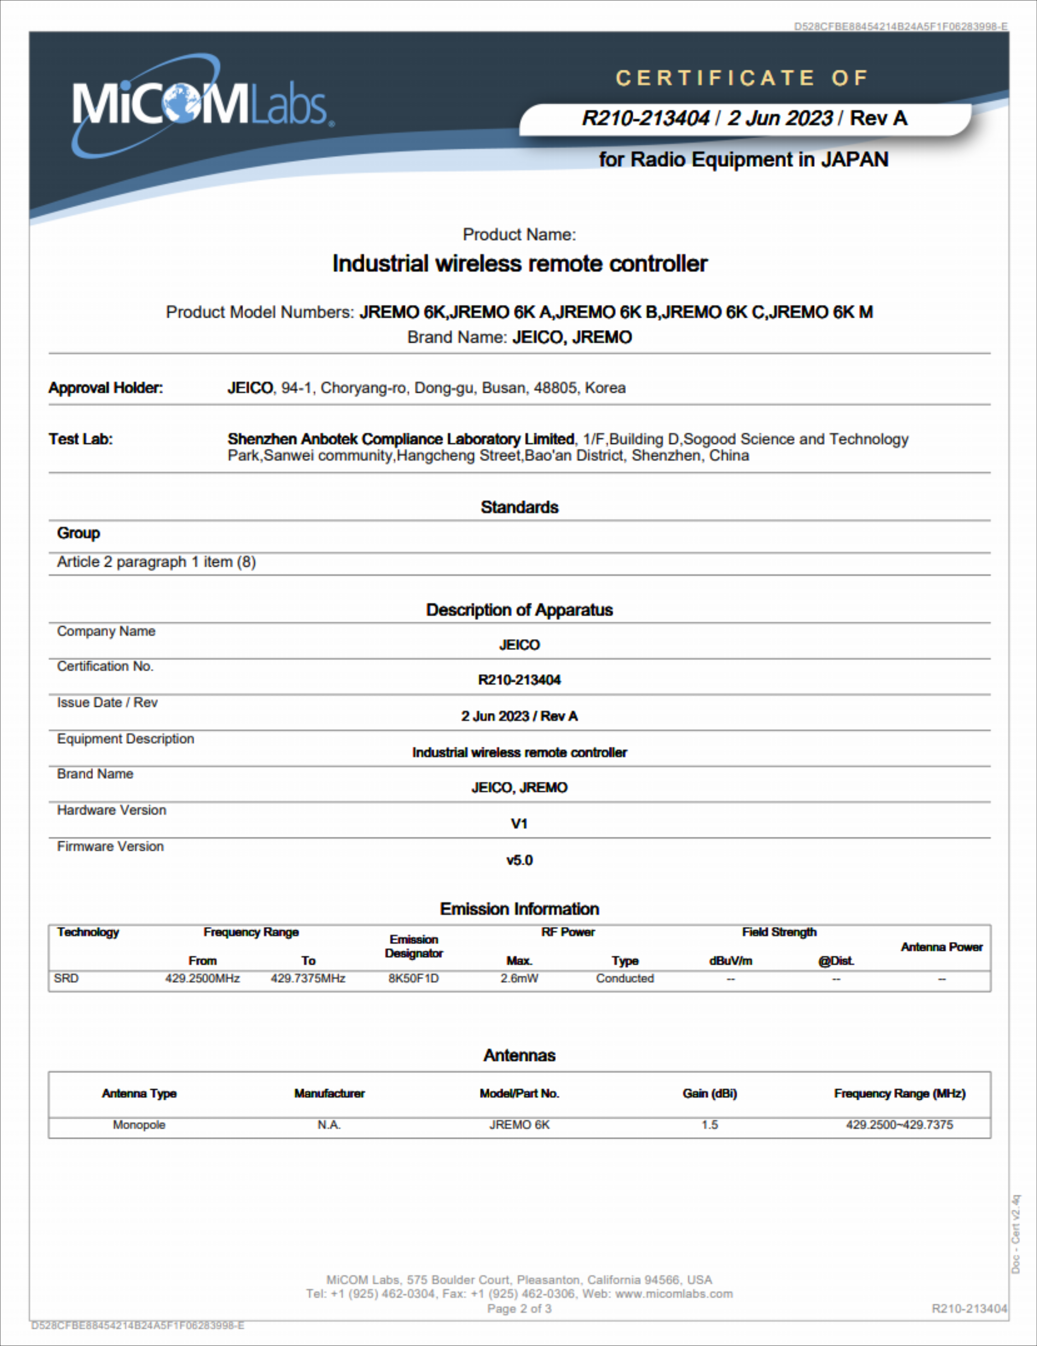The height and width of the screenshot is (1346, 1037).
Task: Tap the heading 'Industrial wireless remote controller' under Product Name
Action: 520,264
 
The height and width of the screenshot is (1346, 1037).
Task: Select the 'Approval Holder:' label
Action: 106,388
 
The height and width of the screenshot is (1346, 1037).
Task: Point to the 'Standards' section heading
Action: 519,507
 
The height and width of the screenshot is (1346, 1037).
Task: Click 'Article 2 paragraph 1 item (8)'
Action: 157,562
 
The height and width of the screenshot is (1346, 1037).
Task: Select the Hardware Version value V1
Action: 519,824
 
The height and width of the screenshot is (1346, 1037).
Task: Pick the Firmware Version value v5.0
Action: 519,860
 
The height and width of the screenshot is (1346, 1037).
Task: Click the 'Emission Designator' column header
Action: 414,946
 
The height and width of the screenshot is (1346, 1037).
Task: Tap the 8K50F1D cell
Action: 414,979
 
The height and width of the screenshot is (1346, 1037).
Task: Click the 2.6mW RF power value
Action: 519,979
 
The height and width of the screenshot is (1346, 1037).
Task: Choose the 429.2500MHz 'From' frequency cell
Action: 203,979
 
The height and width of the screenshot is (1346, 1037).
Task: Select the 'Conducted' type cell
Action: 624,979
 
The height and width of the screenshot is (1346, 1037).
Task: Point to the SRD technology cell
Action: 67,979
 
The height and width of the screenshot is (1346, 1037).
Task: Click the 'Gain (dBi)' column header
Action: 709,1093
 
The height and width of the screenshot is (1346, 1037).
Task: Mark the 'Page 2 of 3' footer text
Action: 519,1309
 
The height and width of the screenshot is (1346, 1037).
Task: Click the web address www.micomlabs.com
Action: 674,1294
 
